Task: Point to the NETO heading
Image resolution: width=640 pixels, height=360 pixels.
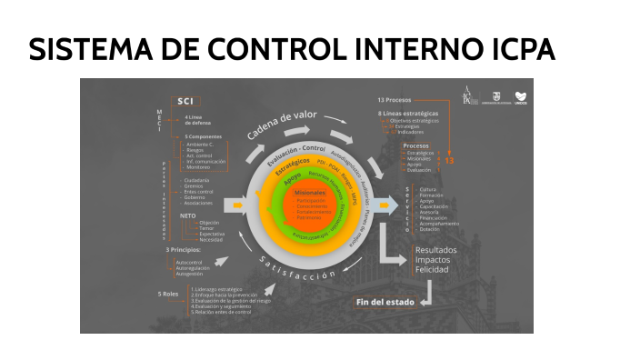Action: [189, 215]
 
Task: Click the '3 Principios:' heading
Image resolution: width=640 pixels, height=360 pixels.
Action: [185, 249]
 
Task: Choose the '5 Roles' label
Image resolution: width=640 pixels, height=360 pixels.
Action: [170, 294]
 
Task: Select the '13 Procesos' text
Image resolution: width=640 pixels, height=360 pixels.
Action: [395, 99]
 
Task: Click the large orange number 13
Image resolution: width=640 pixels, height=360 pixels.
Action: [447, 160]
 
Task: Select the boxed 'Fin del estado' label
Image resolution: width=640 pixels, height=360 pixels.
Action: [385, 301]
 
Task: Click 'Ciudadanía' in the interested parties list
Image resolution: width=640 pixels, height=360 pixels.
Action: [199, 180]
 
